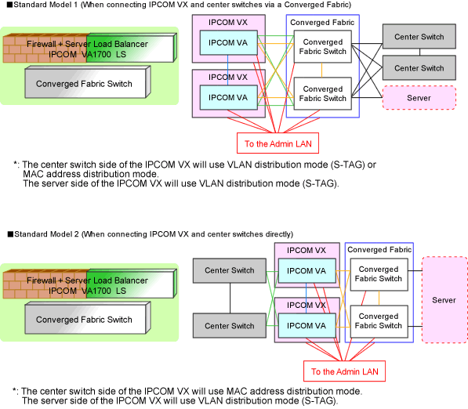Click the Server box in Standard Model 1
coord(419,98)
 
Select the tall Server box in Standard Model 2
coord(444,300)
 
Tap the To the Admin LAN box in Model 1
coord(278,143)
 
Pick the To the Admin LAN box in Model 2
coord(344,371)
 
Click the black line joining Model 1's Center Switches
coord(419,52)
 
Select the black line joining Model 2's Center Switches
coord(230,298)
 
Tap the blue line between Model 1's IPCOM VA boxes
coord(228,70)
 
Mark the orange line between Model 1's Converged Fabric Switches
coord(321,70)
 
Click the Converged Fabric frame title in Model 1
coord(322,23)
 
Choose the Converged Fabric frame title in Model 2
coord(379,249)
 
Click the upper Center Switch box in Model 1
coord(419,36)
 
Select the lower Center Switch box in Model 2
coord(230,325)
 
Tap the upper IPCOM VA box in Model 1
coord(228,42)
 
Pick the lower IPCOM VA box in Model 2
coord(307,325)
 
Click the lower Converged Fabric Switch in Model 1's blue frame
coord(323,94)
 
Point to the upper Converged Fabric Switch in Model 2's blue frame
coord(379,274)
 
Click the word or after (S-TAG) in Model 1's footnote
coord(372,165)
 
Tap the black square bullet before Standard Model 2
coord(10,234)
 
